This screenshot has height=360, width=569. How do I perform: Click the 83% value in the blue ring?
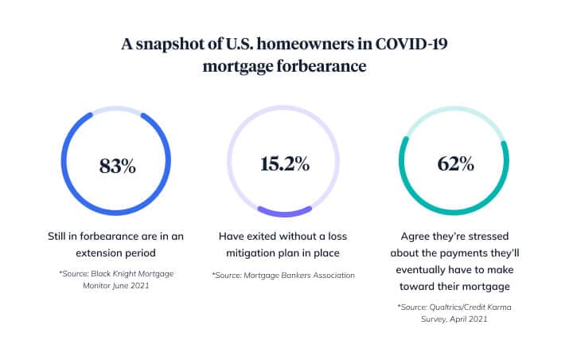pos(118,166)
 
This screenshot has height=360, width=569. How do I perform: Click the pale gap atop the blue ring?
pos(118,109)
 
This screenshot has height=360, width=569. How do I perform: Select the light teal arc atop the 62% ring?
pos(455,109)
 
